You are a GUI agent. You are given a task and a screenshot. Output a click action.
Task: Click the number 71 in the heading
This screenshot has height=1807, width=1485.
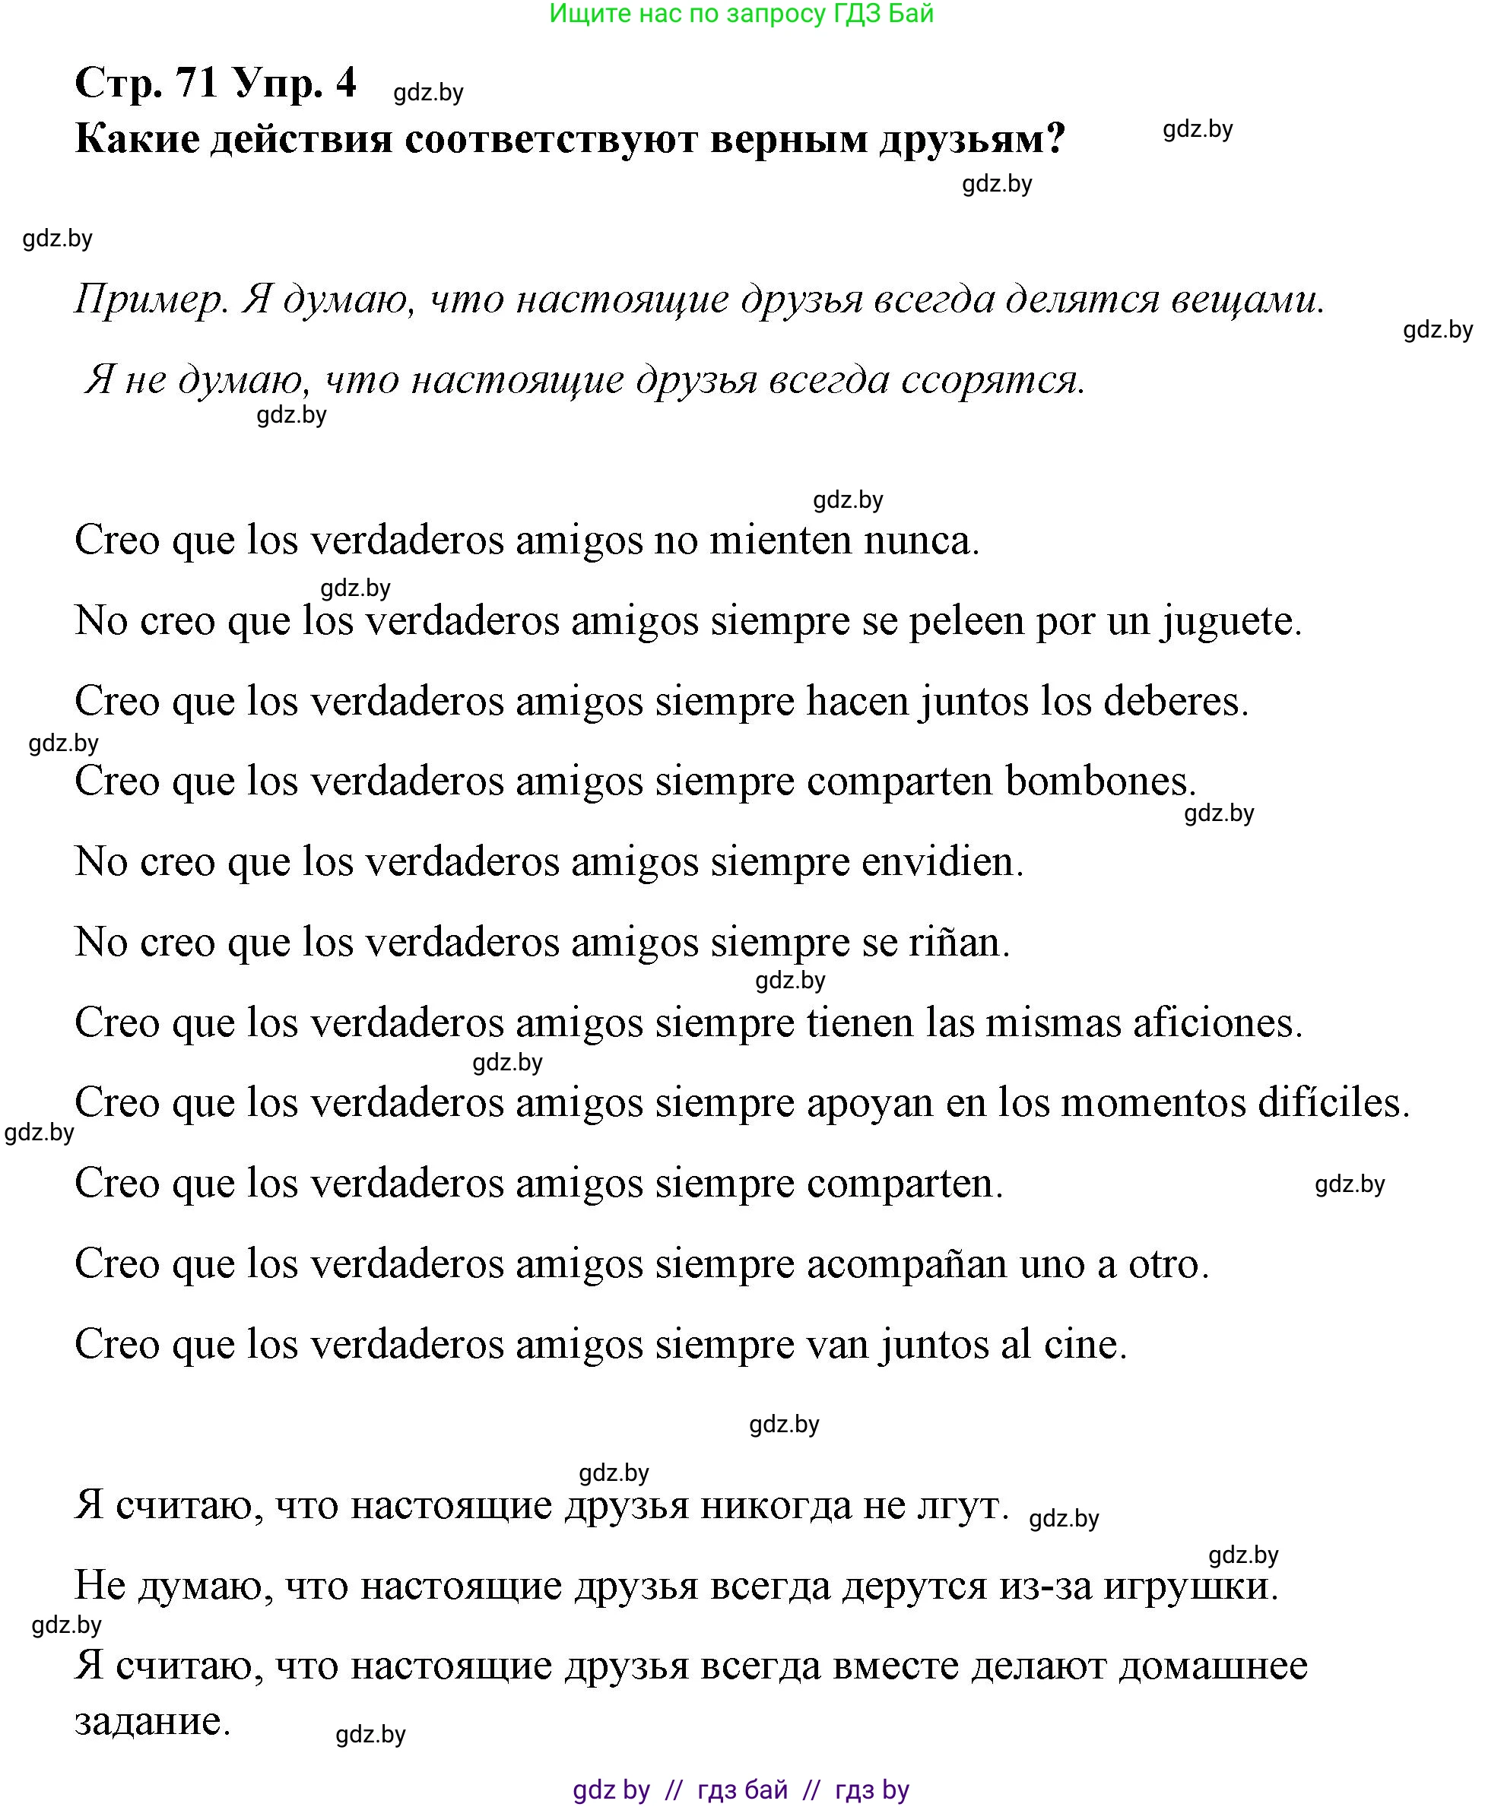(x=197, y=83)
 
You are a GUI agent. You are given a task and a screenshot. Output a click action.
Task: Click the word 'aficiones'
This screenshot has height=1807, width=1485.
(x=1217, y=1022)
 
